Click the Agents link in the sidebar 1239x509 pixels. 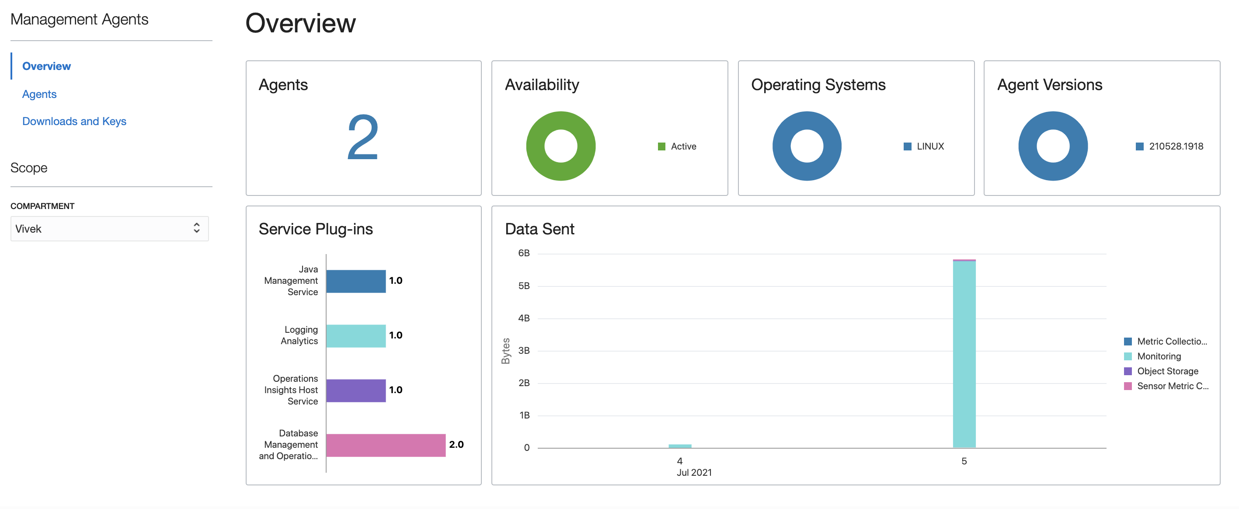coord(39,94)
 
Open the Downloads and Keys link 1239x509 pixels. coord(74,121)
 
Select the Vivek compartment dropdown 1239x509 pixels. coord(109,229)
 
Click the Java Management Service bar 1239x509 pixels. coord(356,281)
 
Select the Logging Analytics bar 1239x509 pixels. coord(356,336)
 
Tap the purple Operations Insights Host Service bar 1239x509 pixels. coord(356,390)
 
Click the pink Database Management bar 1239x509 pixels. coord(386,445)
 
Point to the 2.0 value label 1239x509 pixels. coord(456,445)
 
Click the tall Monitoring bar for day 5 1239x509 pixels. coord(964,354)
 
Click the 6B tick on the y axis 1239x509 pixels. coord(524,253)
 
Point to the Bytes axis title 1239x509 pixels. coord(505,351)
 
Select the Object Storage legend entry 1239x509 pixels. coord(1167,371)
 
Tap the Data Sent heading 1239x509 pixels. coord(539,229)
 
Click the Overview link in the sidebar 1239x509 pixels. coord(47,66)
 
